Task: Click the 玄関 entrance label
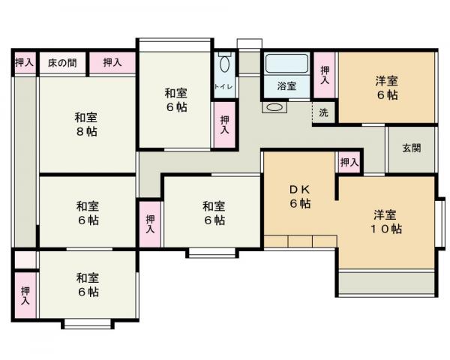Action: pyautogui.click(x=410, y=148)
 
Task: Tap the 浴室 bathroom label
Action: pyautogui.click(x=286, y=86)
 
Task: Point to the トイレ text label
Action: pyautogui.click(x=223, y=87)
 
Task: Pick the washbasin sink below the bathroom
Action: pyautogui.click(x=274, y=107)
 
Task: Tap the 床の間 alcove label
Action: pyautogui.click(x=62, y=63)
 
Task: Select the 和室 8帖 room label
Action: pyautogui.click(x=85, y=124)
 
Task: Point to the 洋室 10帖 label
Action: pyautogui.click(x=385, y=221)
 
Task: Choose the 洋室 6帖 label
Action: pyautogui.click(x=386, y=88)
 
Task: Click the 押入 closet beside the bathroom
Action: pyautogui.click(x=324, y=74)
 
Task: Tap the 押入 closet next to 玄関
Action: pyautogui.click(x=349, y=162)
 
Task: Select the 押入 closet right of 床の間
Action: pyautogui.click(x=112, y=63)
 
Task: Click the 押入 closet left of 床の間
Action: pyautogui.click(x=24, y=63)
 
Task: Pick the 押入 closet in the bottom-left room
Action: pyautogui.click(x=25, y=295)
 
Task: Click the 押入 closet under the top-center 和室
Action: pyautogui.click(x=224, y=123)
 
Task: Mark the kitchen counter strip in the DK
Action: pyautogui.click(x=300, y=241)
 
